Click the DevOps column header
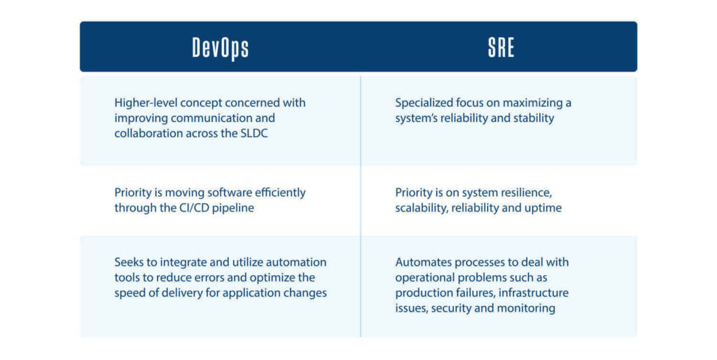[221, 48]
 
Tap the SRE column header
[501, 47]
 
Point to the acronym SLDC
[253, 133]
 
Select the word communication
[209, 118]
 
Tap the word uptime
[543, 208]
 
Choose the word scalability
[422, 208]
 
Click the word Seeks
[128, 262]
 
